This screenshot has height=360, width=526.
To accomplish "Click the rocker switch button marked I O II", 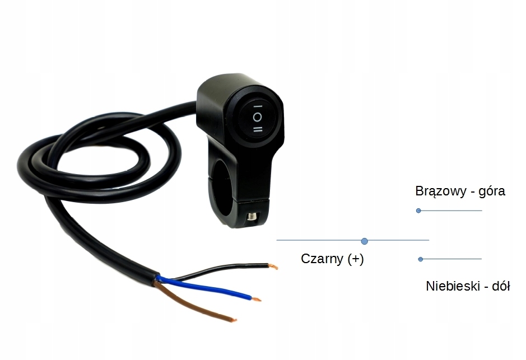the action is point(257,117).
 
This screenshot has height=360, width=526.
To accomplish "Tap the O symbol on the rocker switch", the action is point(257,117).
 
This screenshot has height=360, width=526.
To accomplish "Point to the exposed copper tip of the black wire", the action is point(273,267).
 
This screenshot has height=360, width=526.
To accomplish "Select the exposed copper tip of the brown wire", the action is point(232,320).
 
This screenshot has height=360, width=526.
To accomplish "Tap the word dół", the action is point(500,286).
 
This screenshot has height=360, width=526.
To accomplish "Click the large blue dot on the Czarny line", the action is point(365,241).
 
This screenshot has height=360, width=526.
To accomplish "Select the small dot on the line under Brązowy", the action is point(418,211).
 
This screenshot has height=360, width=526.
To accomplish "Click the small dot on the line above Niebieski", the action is point(421,259).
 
